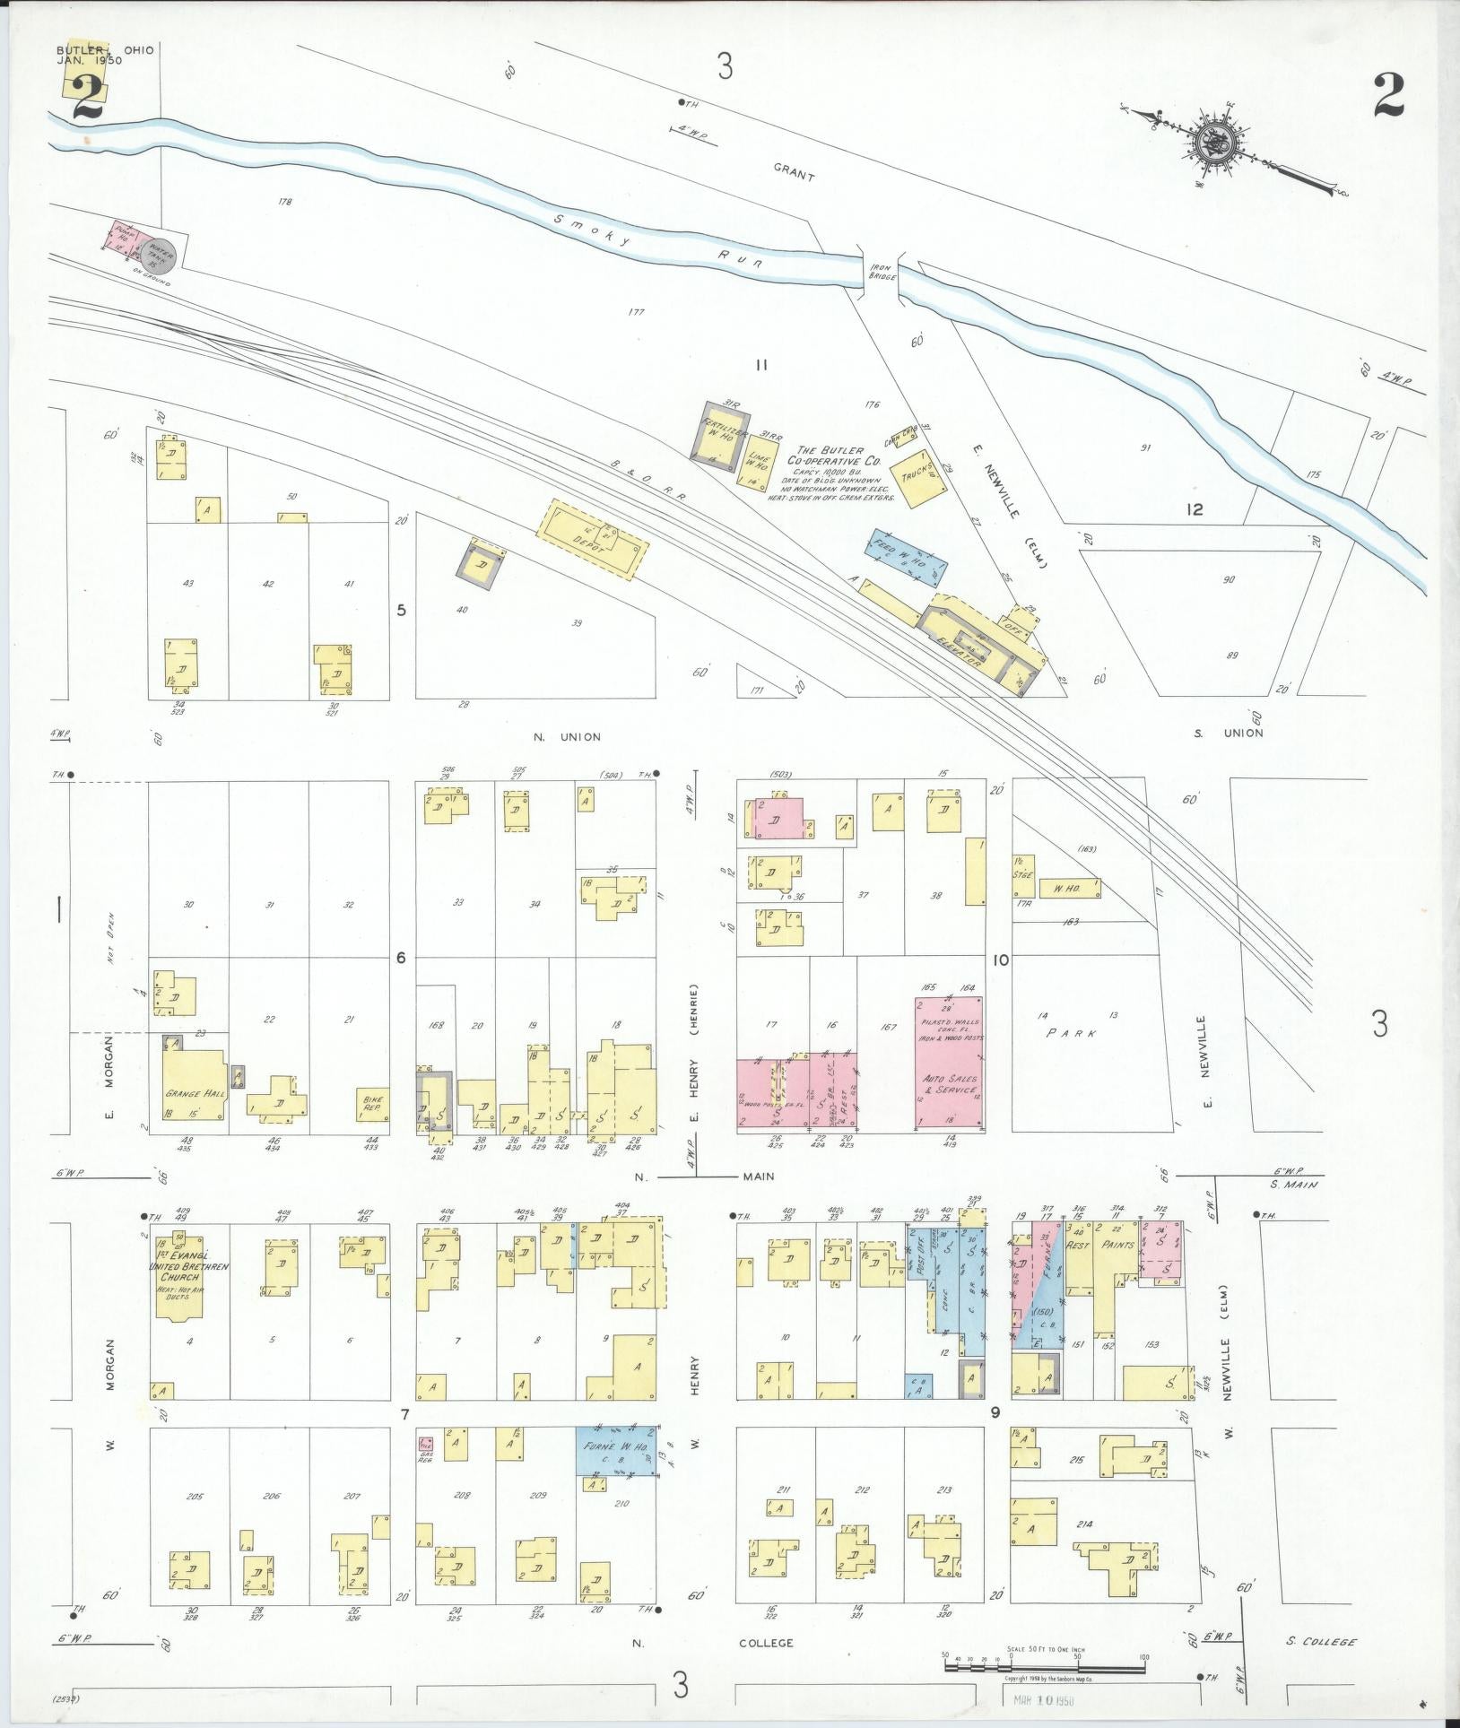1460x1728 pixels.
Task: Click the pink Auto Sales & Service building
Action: point(948,1063)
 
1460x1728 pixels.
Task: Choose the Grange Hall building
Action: point(194,1087)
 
